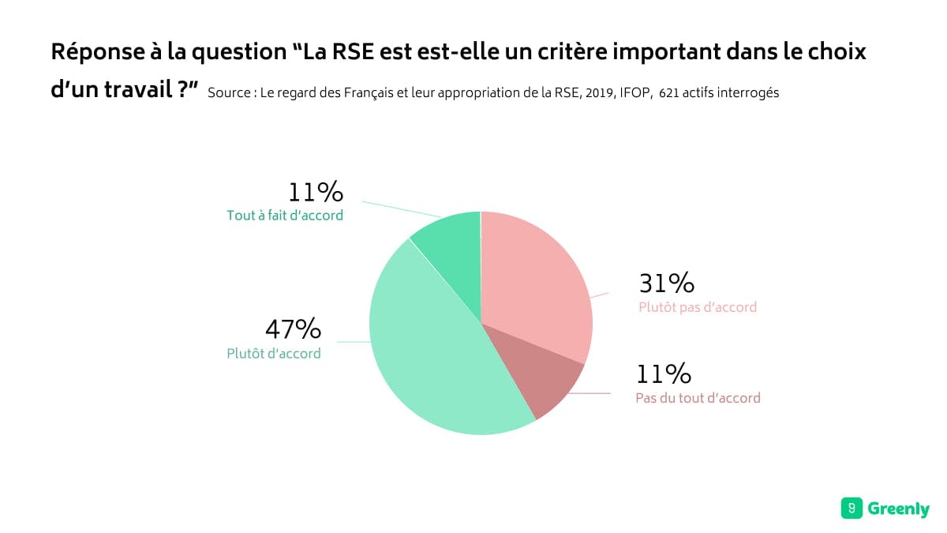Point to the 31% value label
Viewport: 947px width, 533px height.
[666, 283]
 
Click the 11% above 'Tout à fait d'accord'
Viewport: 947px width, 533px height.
[316, 192]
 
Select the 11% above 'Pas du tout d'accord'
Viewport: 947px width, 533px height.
[664, 373]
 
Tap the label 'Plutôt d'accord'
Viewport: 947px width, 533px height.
[274, 354]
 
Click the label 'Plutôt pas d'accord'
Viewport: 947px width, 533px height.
[698, 307]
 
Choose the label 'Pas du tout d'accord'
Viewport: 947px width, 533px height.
[698, 398]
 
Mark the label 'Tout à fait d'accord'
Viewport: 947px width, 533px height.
[285, 215]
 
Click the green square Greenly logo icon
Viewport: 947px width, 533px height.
[852, 509]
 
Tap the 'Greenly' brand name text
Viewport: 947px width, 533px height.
[898, 509]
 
